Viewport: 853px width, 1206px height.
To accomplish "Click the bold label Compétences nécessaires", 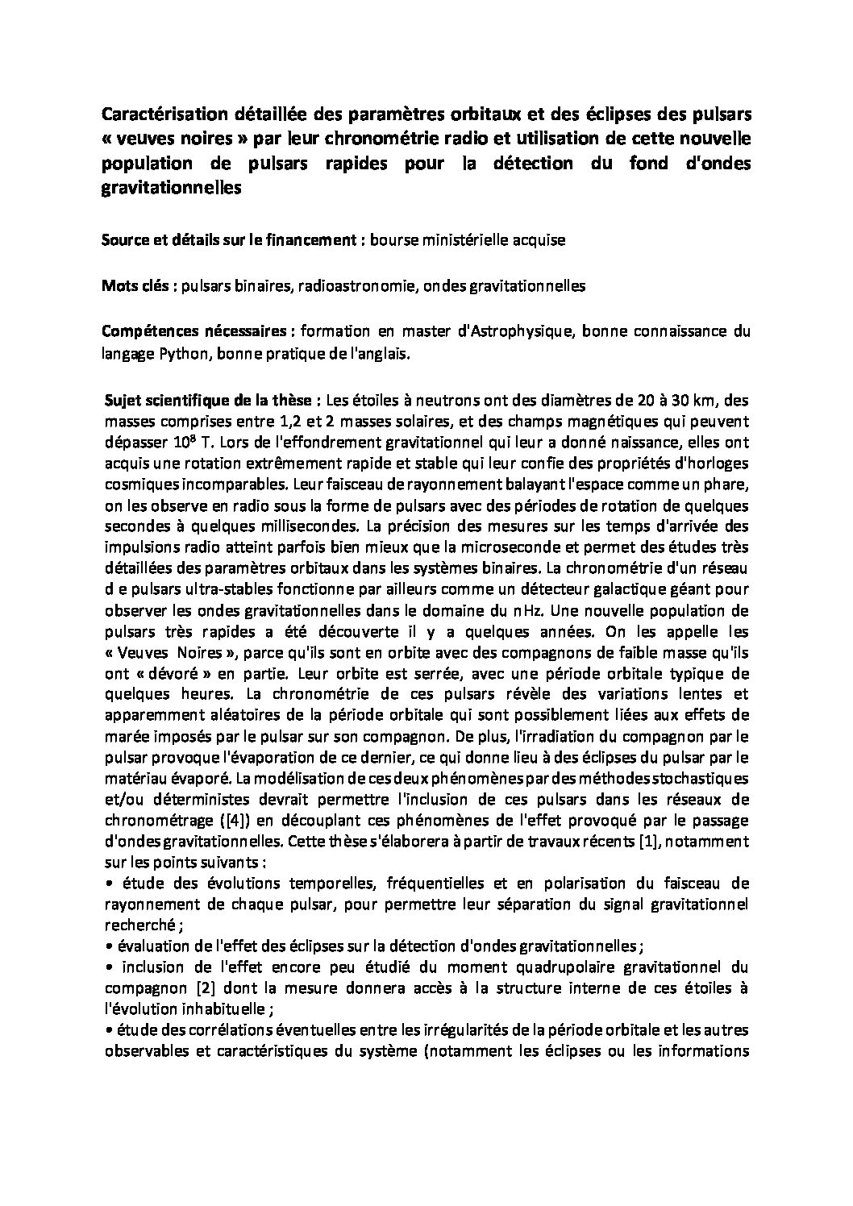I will [x=198, y=331].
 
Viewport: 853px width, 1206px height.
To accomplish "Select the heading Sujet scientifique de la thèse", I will [x=214, y=401].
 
